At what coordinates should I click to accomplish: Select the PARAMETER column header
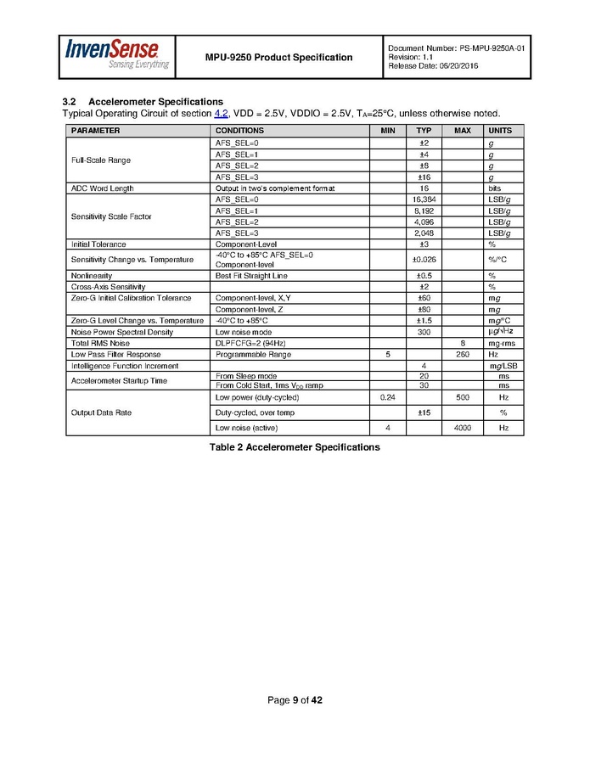[x=95, y=131]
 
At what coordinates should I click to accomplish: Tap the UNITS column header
[x=498, y=131]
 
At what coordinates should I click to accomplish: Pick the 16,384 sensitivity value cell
[x=423, y=199]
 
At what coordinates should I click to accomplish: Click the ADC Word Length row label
[x=102, y=188]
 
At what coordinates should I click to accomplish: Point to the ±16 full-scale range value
[x=423, y=177]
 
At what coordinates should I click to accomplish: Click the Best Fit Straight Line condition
[x=251, y=276]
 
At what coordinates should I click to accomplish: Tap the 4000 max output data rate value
[x=463, y=428]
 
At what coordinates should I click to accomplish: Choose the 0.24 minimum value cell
[x=387, y=397]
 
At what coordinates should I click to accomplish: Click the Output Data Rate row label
[x=101, y=412]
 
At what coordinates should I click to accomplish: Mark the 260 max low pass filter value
[x=463, y=354]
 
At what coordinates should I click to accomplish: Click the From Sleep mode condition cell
[x=247, y=375]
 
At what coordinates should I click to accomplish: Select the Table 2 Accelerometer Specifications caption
[x=295, y=447]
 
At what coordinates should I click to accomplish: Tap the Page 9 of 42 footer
[x=295, y=700]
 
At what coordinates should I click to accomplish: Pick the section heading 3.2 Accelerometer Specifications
[x=143, y=102]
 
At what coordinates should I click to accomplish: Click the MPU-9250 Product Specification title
[x=278, y=58]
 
